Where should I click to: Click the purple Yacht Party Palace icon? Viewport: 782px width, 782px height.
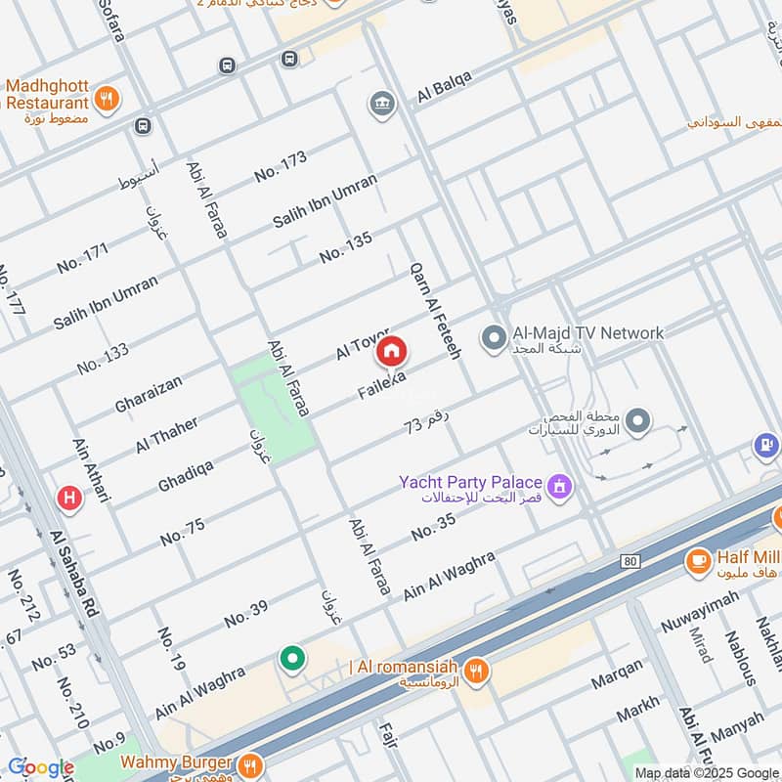pos(560,484)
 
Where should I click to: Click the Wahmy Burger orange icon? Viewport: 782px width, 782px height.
pos(250,763)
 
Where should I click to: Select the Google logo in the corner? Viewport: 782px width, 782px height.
pos(40,767)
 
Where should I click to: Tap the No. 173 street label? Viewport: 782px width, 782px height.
pos(281,165)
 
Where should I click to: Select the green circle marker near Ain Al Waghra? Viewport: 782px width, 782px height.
pos(291,659)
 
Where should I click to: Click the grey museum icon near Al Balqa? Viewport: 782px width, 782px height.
pos(381,103)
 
